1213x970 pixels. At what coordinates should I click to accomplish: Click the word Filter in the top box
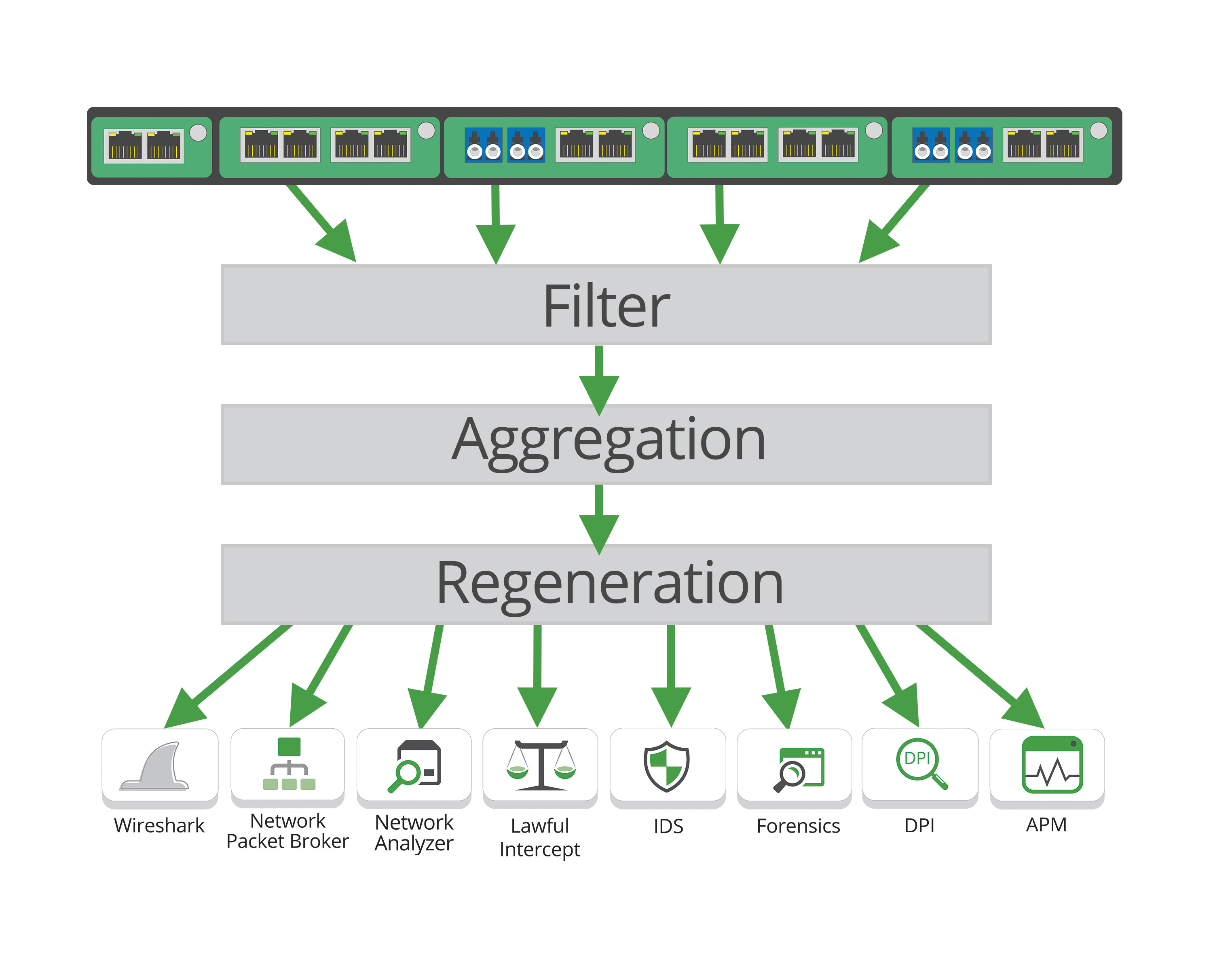(x=606, y=306)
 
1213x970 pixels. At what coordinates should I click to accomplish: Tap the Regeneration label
(x=609, y=584)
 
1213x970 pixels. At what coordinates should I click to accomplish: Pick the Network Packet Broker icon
(x=289, y=764)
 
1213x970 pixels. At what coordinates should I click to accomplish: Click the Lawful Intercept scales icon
(x=540, y=766)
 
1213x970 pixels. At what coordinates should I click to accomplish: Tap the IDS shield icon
(x=667, y=766)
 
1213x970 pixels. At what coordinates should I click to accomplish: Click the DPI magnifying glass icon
(x=921, y=763)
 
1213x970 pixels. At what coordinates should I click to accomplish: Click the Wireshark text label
(x=159, y=825)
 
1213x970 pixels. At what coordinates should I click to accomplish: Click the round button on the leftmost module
(x=198, y=133)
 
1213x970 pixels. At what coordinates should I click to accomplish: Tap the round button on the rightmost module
(x=1098, y=131)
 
